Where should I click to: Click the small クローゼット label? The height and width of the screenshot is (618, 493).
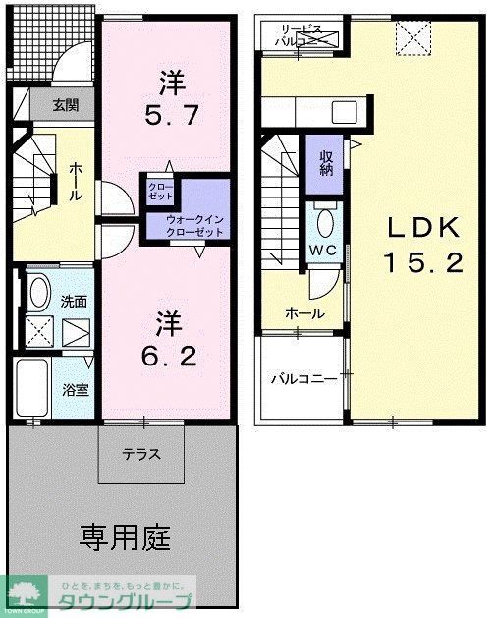[159, 191]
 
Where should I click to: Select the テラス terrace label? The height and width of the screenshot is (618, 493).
[141, 455]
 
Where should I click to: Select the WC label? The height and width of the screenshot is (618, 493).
[324, 250]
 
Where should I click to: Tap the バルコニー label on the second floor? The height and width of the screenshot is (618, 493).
[303, 377]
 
